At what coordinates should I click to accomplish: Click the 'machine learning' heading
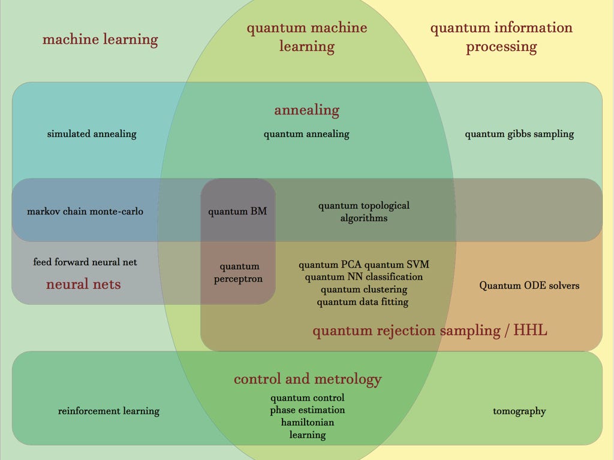[x=100, y=40]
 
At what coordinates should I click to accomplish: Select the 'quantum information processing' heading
[x=501, y=37]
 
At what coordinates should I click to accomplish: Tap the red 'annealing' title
[x=306, y=110]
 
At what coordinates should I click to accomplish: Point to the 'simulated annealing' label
[x=92, y=134]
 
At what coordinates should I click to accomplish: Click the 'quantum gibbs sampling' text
[x=519, y=134]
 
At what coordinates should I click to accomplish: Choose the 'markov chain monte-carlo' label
[x=85, y=211]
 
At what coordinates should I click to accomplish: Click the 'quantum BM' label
[x=237, y=211]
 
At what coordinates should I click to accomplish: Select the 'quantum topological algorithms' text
[x=363, y=211]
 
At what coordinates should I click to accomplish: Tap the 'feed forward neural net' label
[x=85, y=262]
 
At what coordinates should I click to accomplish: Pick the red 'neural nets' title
[x=83, y=284]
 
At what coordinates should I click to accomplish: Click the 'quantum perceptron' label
[x=239, y=273]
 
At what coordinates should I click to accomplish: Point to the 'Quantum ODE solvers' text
[x=529, y=286]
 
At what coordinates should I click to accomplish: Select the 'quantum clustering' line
[x=364, y=290]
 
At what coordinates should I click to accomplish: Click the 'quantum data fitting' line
[x=363, y=302]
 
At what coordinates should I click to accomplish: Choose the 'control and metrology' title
[x=307, y=379]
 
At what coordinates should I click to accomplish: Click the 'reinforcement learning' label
[x=109, y=411]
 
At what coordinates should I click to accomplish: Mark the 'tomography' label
[x=519, y=411]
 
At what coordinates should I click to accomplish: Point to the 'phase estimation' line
[x=307, y=410]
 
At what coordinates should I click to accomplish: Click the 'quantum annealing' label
[x=306, y=134]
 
